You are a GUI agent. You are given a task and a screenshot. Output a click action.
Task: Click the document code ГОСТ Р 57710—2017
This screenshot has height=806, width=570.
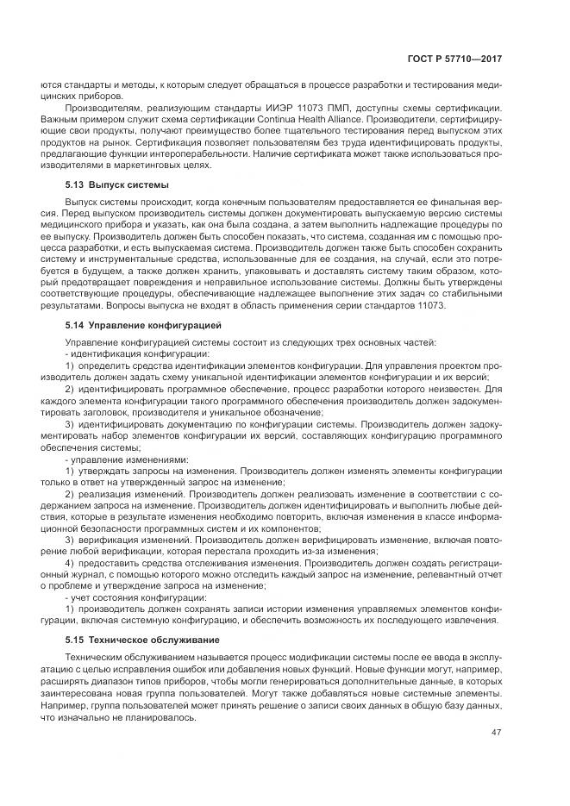[x=454, y=59]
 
